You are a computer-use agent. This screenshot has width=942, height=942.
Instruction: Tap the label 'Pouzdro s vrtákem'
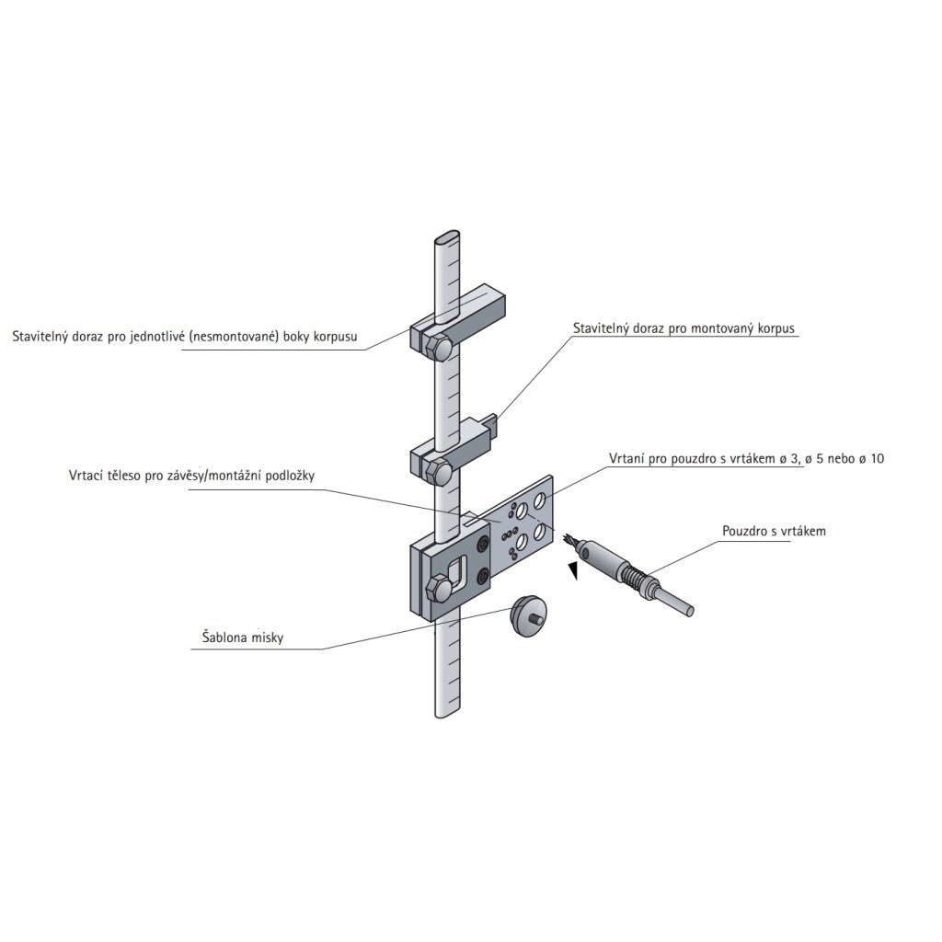click(x=775, y=531)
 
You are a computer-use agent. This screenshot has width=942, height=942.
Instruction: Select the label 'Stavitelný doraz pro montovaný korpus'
click(x=683, y=327)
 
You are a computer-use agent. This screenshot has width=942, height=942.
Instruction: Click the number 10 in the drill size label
click(x=876, y=458)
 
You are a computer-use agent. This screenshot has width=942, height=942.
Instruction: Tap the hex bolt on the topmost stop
click(x=440, y=348)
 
